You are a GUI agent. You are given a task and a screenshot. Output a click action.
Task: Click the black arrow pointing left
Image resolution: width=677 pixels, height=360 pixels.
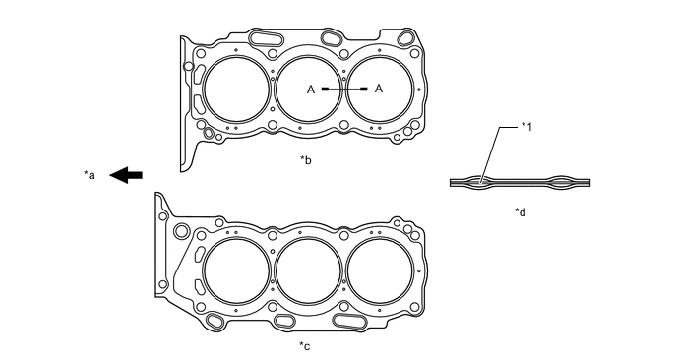click(x=125, y=175)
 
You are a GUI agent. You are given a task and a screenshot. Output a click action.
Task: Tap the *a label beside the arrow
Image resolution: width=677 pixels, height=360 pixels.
click(x=90, y=176)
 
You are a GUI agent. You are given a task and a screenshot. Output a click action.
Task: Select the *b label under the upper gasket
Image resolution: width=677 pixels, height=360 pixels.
click(x=305, y=157)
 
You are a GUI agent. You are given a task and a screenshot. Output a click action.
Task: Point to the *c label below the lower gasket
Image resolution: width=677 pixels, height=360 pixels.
click(x=305, y=345)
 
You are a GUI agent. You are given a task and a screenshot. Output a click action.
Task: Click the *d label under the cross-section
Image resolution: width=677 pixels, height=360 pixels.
click(x=521, y=210)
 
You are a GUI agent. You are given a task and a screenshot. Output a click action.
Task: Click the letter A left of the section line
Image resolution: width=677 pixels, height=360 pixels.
click(x=311, y=90)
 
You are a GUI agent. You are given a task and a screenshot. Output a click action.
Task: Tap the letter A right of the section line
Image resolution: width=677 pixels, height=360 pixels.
click(x=379, y=90)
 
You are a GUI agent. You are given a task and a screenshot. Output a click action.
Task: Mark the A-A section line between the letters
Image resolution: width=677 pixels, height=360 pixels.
click(x=344, y=90)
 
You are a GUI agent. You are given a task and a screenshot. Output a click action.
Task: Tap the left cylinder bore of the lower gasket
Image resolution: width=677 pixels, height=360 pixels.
click(x=235, y=269)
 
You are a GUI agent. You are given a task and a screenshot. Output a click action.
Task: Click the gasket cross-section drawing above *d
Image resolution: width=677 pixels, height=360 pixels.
click(x=521, y=181)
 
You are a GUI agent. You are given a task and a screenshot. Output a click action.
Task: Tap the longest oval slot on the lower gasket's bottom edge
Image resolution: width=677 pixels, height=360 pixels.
click(x=351, y=321)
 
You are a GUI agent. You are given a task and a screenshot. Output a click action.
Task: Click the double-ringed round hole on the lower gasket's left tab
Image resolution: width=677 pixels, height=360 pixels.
click(x=182, y=230)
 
